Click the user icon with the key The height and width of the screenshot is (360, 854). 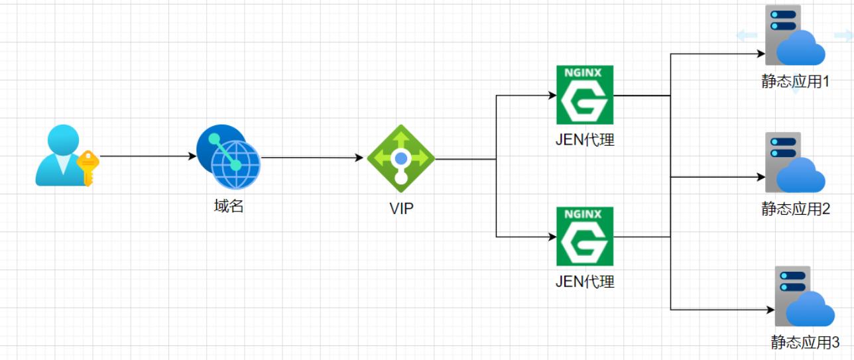click(x=60, y=155)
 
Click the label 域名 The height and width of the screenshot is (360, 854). click(x=229, y=206)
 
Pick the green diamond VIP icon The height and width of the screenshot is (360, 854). click(x=400, y=158)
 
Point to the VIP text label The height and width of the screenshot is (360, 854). click(x=401, y=208)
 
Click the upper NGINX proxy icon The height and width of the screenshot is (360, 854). click(x=585, y=95)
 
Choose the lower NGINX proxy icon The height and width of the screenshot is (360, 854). click(x=585, y=237)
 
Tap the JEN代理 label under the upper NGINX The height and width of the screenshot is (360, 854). click(x=585, y=139)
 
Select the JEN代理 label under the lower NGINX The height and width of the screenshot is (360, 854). click(x=585, y=281)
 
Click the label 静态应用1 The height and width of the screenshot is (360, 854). click(x=796, y=82)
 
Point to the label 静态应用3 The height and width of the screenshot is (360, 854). click(x=805, y=342)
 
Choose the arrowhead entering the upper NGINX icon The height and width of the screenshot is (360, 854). click(x=552, y=95)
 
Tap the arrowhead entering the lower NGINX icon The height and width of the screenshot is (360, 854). click(x=552, y=237)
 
